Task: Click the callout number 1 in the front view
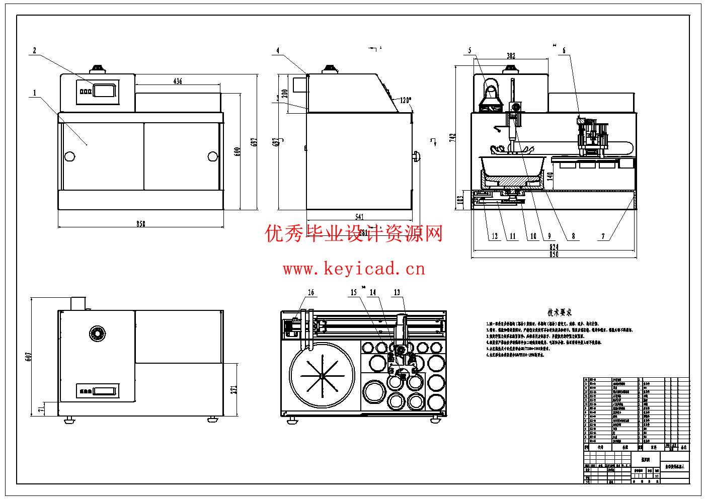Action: pyautogui.click(x=35, y=93)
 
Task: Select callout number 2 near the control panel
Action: pyautogui.click(x=34, y=50)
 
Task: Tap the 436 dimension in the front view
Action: pyautogui.click(x=177, y=81)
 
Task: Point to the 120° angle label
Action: pyautogui.click(x=405, y=100)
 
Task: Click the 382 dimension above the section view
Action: pyautogui.click(x=511, y=56)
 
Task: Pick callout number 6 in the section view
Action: pyautogui.click(x=564, y=50)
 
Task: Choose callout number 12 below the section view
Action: pyautogui.click(x=495, y=236)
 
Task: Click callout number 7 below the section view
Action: pyautogui.click(x=603, y=236)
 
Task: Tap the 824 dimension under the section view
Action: pyautogui.click(x=554, y=247)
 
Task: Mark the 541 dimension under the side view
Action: pyautogui.click(x=359, y=217)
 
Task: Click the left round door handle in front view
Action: pyautogui.click(x=69, y=156)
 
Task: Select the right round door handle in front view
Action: pyautogui.click(x=212, y=156)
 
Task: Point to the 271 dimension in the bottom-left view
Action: pyautogui.click(x=233, y=384)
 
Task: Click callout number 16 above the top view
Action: pyautogui.click(x=311, y=292)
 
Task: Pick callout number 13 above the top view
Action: pyautogui.click(x=397, y=292)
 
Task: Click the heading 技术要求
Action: pyautogui.click(x=560, y=312)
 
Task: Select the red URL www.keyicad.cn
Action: pyautogui.click(x=354, y=269)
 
